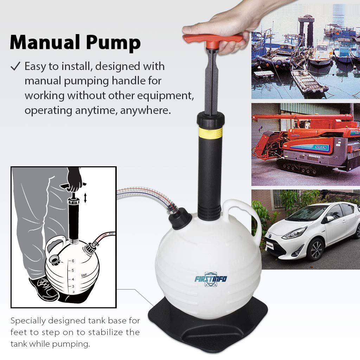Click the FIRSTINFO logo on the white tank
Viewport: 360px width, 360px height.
point(211,279)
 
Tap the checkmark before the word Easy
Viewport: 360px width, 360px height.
point(15,66)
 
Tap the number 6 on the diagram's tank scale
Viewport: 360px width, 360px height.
point(73,261)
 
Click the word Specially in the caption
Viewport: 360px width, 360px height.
point(30,321)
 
